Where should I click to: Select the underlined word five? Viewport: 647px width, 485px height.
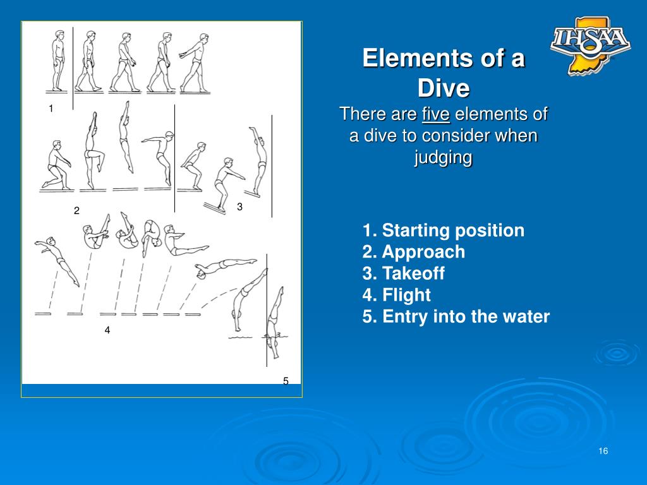point(435,115)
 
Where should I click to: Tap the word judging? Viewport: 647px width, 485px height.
point(444,157)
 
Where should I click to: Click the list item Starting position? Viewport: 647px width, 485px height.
point(444,231)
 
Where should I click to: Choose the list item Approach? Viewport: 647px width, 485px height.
point(414,252)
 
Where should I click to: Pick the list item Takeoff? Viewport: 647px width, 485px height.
point(404,273)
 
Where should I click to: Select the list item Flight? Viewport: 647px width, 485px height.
point(397,295)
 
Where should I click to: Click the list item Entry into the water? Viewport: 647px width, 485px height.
point(456,316)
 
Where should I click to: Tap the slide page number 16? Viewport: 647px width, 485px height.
point(603,451)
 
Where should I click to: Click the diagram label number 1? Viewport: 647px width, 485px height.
point(51,109)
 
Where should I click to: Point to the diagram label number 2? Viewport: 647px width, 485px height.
point(76,210)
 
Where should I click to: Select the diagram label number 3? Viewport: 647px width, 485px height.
point(240,207)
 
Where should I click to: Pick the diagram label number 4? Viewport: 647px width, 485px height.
point(107,330)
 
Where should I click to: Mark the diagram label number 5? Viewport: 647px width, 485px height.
point(286,381)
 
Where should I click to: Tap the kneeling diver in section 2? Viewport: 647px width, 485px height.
point(55,166)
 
